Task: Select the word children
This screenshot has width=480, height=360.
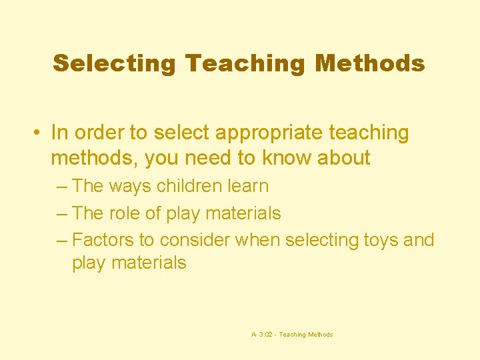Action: point(189,186)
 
